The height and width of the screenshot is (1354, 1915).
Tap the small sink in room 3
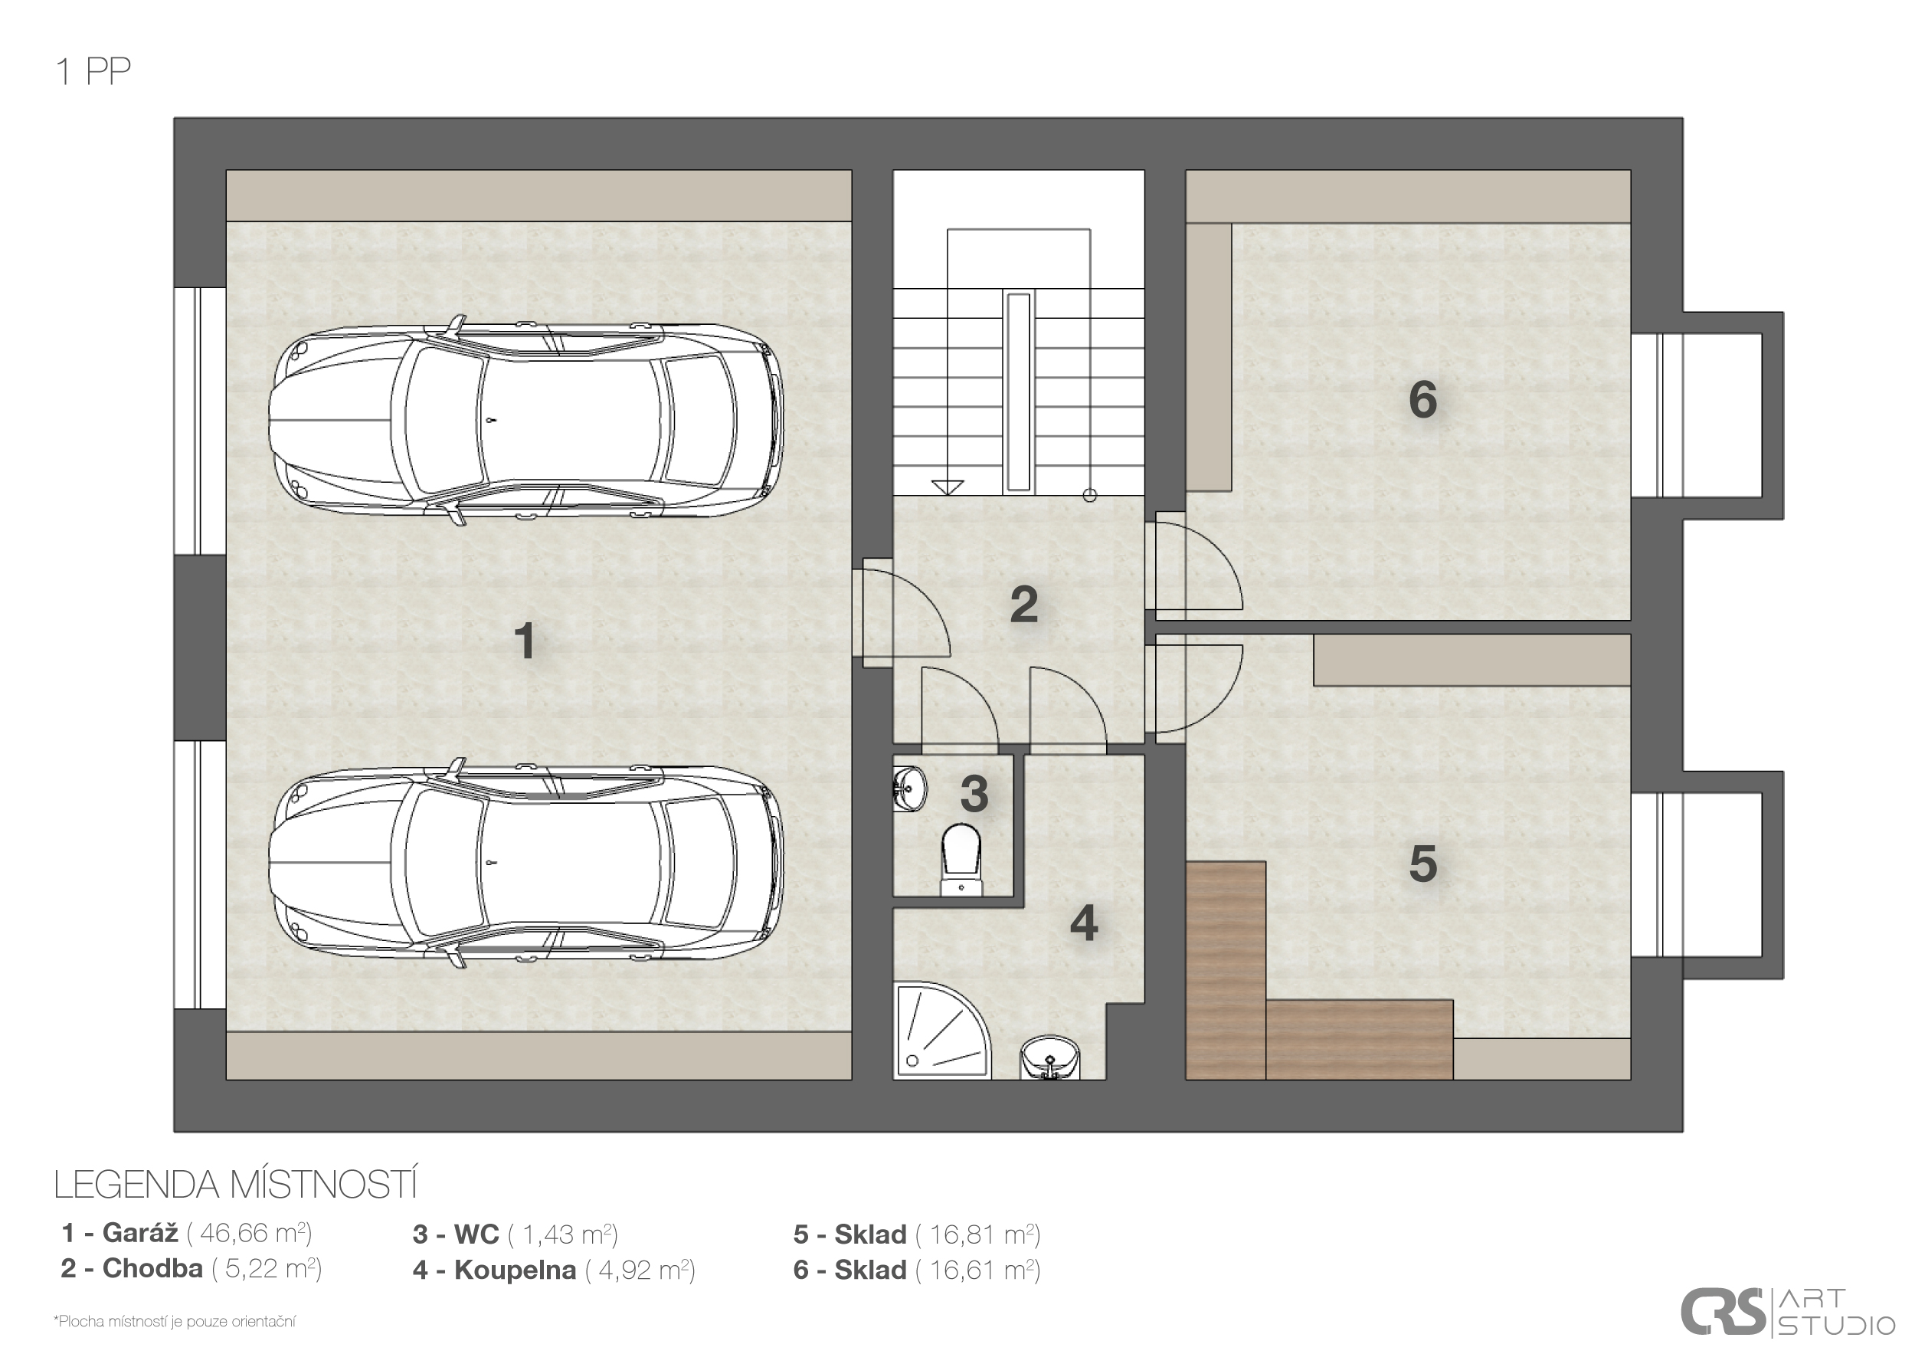click(909, 788)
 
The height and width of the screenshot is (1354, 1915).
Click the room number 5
click(1423, 864)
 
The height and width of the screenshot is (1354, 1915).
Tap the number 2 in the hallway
click(1023, 604)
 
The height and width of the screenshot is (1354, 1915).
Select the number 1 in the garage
click(525, 641)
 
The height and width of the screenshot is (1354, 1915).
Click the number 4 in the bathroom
click(1083, 923)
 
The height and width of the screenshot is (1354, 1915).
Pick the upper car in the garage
click(526, 421)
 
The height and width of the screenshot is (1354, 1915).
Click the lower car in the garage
click(526, 863)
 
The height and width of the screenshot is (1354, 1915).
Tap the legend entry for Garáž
click(187, 1233)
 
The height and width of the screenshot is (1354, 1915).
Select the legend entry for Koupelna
click(554, 1270)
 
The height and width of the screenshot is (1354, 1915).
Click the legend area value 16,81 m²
click(978, 1234)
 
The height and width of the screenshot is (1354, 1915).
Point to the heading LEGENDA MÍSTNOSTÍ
click(236, 1185)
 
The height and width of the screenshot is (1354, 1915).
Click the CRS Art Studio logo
click(1786, 1313)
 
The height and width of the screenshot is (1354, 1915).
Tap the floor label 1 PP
click(93, 72)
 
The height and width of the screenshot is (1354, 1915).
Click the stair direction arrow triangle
click(948, 488)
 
